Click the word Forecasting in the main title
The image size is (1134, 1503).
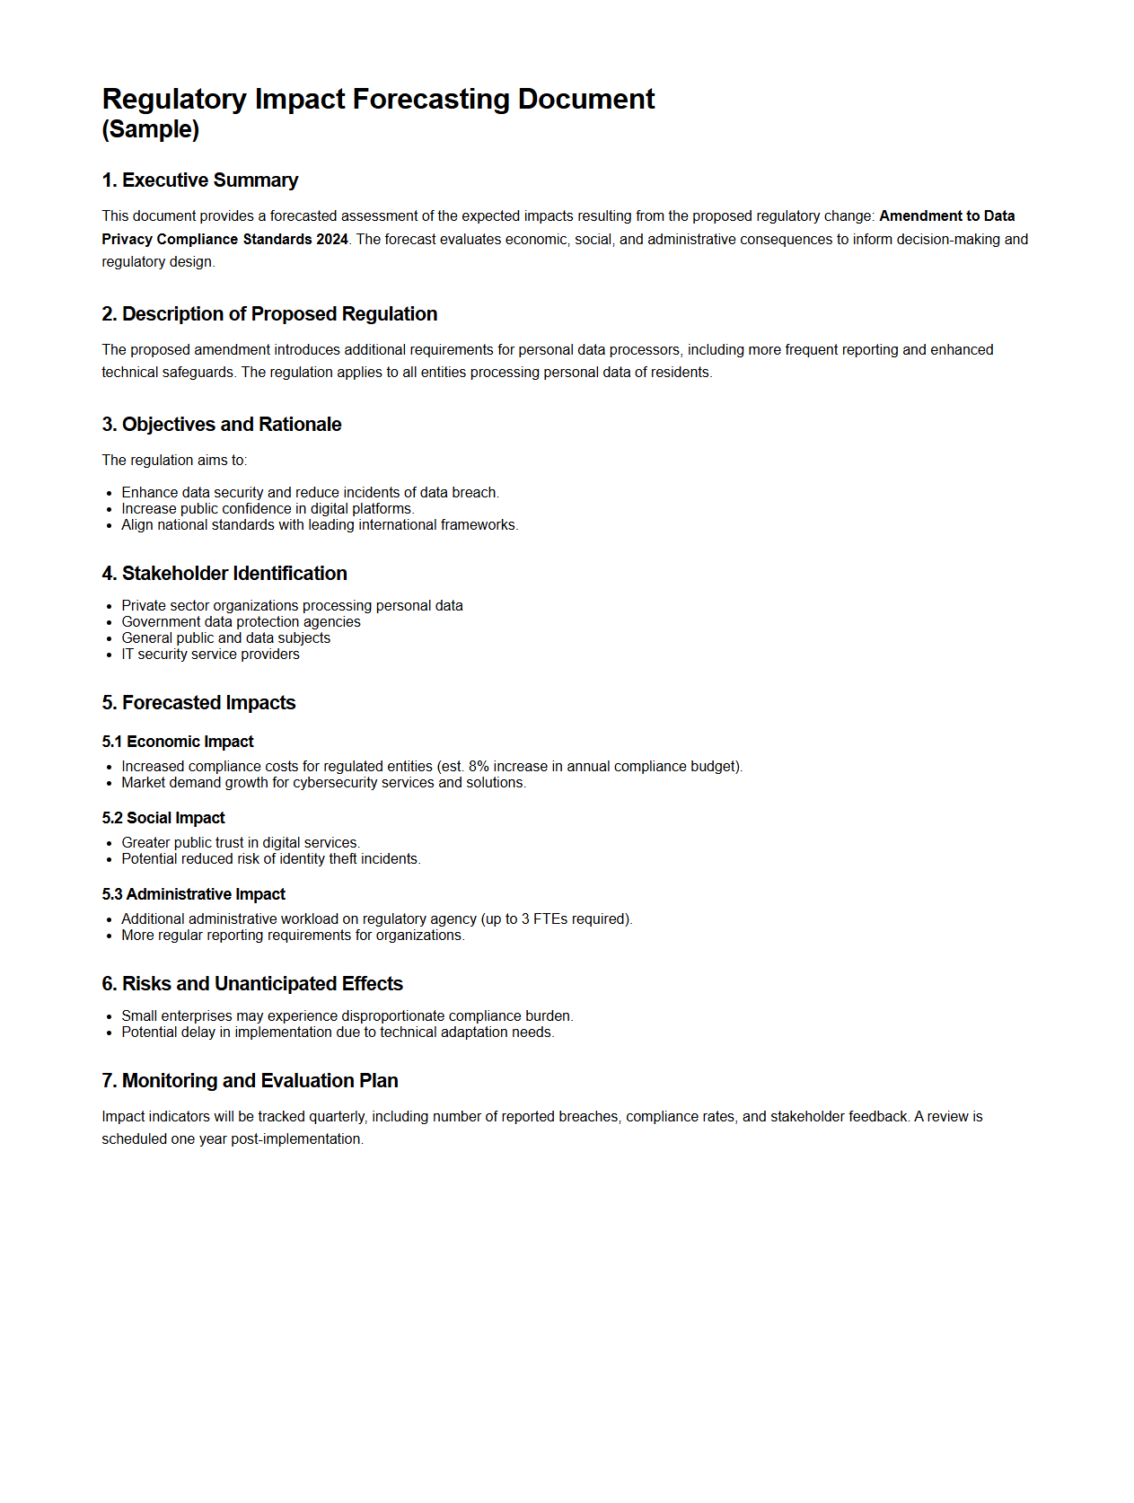tap(431, 99)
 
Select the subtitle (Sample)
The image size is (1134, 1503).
tap(150, 129)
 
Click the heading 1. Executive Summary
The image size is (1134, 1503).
tap(199, 180)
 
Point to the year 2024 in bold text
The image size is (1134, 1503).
tap(331, 239)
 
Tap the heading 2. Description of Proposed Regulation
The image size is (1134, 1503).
tap(269, 314)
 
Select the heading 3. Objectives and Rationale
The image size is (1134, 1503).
tap(222, 425)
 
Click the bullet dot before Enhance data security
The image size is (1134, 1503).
tap(110, 493)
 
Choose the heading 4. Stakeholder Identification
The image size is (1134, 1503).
tap(224, 574)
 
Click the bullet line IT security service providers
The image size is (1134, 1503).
tap(210, 655)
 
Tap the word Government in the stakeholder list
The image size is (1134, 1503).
tap(160, 622)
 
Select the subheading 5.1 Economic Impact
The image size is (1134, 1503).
tap(178, 742)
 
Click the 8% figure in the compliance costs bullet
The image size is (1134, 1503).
tap(479, 767)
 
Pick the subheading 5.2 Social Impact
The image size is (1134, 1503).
tap(163, 818)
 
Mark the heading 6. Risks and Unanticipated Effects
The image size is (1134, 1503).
tap(252, 984)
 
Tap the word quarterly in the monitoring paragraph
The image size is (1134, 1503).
tap(338, 1117)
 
